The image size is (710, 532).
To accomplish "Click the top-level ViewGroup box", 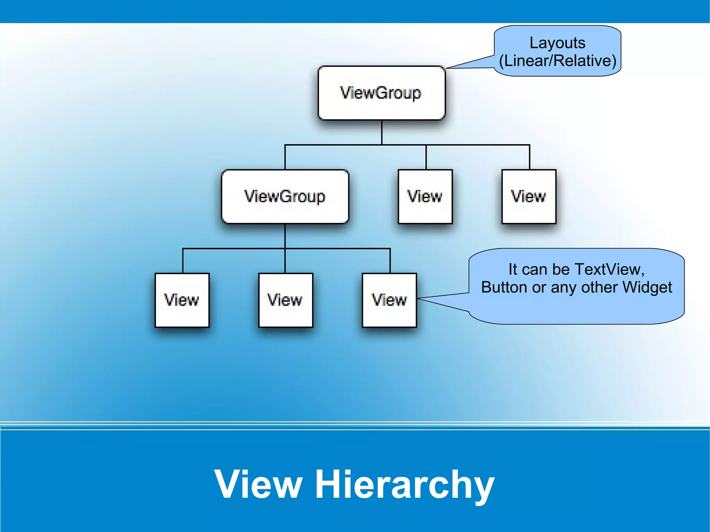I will (381, 93).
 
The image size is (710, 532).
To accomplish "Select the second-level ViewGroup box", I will (285, 197).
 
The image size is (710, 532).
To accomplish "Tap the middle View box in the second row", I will (425, 197).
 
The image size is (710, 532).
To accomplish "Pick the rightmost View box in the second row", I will (529, 197).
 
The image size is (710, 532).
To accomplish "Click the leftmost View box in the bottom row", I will (182, 300).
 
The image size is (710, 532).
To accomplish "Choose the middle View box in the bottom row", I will (285, 300).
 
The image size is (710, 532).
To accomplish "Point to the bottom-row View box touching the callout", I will (389, 300).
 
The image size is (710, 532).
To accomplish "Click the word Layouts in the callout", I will (557, 43).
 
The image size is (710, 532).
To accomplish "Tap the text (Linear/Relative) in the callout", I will (557, 61).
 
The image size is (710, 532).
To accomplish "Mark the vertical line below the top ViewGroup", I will (382, 132).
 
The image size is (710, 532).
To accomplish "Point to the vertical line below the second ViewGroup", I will (285, 236).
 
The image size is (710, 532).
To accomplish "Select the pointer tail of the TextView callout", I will (444, 299).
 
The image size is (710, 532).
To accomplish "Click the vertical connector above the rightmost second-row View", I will (529, 157).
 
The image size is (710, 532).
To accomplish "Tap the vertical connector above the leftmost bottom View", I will (183, 261).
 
